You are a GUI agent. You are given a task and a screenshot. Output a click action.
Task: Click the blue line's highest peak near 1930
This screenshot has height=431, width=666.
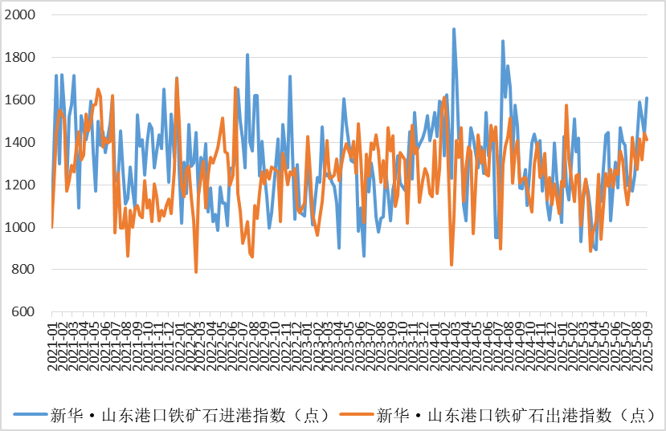coord(454,29)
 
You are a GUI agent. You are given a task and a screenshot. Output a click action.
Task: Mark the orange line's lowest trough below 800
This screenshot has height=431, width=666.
coord(196,272)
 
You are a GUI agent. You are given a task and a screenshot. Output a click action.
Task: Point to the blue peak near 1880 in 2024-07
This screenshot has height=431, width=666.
coord(503,41)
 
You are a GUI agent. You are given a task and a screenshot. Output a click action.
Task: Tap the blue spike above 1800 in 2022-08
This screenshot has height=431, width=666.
coord(247,55)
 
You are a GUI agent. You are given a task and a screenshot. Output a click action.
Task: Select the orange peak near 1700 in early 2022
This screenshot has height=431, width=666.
coord(177,78)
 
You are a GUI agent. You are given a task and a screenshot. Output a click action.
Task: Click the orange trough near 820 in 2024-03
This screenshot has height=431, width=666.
coord(451,265)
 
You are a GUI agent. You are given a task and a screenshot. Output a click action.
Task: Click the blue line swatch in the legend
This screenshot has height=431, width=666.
coord(31,415)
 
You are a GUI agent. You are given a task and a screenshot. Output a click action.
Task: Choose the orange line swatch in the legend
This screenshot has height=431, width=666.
coord(357,415)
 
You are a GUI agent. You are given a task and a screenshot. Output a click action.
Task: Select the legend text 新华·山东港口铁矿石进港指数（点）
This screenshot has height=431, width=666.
coord(189,415)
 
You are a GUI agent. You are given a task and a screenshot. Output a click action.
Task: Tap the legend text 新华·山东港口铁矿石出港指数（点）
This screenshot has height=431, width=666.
coord(514,415)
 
